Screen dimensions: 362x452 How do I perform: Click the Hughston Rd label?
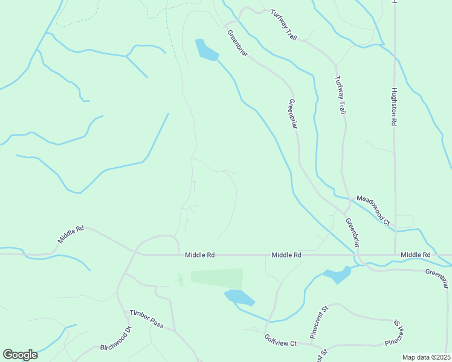click(x=393, y=106)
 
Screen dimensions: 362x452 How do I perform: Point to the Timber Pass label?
click(x=146, y=319)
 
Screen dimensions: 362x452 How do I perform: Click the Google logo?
click(x=20, y=355)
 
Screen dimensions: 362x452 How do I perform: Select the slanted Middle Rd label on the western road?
click(x=71, y=234)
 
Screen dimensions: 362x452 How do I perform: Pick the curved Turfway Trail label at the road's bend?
click(x=284, y=25)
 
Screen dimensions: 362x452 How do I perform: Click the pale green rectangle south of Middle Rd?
click(x=217, y=279)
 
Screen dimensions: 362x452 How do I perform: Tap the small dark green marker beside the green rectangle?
click(x=179, y=280)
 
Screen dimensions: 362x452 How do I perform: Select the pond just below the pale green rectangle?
click(x=239, y=297)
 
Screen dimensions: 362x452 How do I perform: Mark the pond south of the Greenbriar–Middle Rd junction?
click(x=337, y=275)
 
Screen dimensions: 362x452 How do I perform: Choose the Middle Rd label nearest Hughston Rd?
click(x=415, y=255)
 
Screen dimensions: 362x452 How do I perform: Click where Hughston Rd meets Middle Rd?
click(x=395, y=255)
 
